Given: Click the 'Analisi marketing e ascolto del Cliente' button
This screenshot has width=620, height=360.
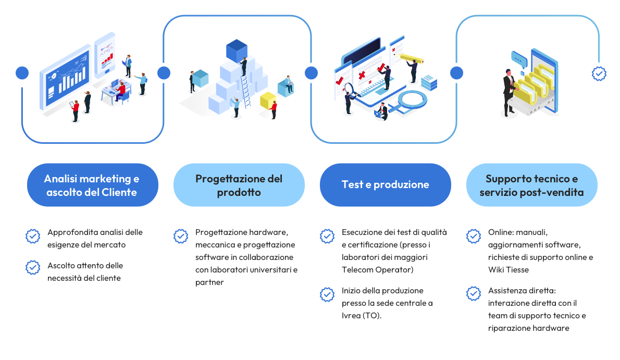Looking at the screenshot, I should coord(92,185).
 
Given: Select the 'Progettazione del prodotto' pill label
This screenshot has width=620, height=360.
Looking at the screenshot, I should coord(239,185).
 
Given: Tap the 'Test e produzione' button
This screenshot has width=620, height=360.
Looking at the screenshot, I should coord(385,184).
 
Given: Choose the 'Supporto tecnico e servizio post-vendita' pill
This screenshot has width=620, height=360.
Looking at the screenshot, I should coord(531,185).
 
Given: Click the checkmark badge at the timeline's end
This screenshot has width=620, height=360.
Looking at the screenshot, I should coord(599,74).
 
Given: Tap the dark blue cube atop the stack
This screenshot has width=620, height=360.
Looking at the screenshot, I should coord(236,51).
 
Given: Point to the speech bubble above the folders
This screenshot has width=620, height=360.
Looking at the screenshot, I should coord(519,57).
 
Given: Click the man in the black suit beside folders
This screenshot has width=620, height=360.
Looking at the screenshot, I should coord(507,91).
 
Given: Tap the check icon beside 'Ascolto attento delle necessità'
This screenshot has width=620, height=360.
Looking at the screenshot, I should coord(33,267).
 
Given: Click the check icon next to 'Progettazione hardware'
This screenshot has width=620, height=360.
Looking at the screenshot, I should coord(181,236).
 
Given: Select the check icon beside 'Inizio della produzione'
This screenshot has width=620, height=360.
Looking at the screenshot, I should coord(327,294).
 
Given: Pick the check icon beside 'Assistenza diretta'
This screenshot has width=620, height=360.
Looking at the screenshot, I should coord(474,294).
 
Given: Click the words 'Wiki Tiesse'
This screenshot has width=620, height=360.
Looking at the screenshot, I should coord(509,269).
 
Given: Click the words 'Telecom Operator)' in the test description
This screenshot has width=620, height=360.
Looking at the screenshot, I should coord(374,269).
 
